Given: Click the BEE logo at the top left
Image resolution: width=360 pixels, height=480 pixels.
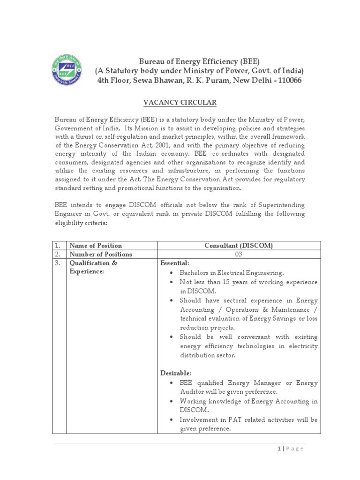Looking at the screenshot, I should point(66,70).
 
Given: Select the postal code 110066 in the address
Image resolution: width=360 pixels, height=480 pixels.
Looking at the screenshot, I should point(286,81).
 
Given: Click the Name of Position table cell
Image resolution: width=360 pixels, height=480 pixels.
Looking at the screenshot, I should point(96,246).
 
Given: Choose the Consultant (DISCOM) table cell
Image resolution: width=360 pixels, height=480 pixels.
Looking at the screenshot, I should point(238,246).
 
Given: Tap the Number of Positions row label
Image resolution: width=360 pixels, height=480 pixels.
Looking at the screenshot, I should point(101,255).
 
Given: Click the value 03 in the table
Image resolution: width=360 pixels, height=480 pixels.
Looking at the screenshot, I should point(238,255).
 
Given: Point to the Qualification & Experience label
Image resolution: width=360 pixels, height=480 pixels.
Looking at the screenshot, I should point(93,268).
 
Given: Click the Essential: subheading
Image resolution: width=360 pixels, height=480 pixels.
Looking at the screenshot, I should point(175,263).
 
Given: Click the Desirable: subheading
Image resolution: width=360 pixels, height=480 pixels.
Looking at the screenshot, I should point(176,373).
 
